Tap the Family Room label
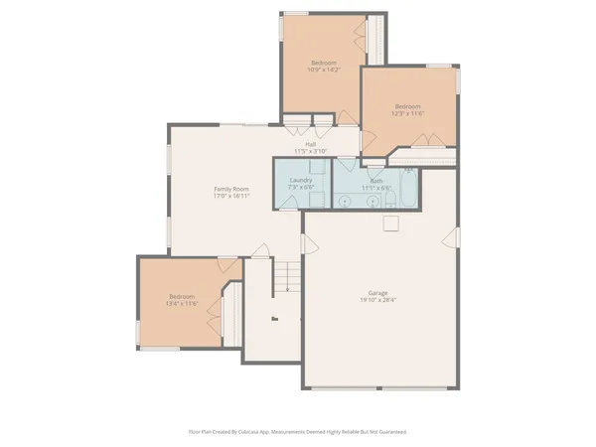click(x=231, y=189)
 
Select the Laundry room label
click(x=301, y=180)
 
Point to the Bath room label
click(x=376, y=180)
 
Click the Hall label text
click(x=310, y=144)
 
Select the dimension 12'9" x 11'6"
click(x=409, y=113)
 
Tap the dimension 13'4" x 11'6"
click(x=182, y=303)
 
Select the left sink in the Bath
click(x=345, y=203)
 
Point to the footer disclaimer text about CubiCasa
click(x=298, y=432)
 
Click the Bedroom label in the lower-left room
click(x=182, y=296)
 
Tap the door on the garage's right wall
click(x=456, y=236)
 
